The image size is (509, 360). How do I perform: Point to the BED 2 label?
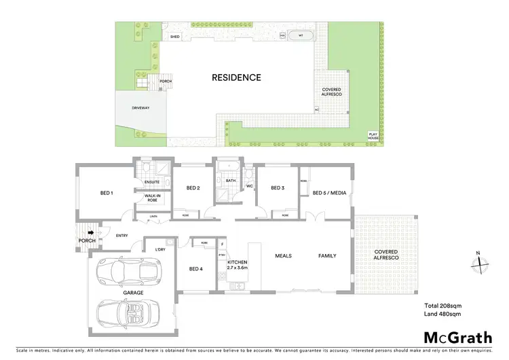click(193, 188)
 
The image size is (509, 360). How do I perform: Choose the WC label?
click(249, 185)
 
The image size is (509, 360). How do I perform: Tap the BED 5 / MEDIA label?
click(329, 193)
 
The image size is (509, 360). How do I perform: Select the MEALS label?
click(283, 256)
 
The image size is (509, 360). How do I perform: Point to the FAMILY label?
click(328, 256)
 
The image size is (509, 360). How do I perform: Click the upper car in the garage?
click(127, 272)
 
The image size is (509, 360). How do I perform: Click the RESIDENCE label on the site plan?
click(236, 77)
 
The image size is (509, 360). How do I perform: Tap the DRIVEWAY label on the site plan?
click(140, 108)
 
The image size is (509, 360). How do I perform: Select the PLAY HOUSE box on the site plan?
click(373, 135)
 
